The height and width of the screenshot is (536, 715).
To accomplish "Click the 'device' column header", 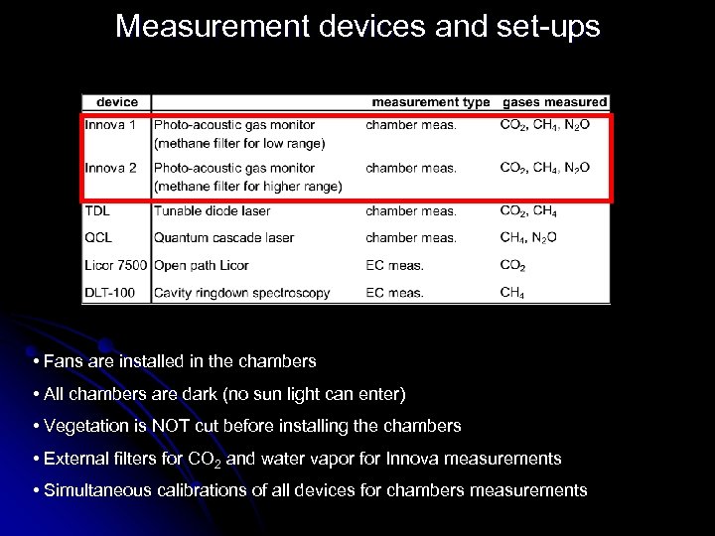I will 117,102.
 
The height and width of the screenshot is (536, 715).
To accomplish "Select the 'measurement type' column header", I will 430,102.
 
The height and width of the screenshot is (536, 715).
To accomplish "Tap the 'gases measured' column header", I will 554,102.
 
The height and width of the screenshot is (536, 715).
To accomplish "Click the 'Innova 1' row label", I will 110,125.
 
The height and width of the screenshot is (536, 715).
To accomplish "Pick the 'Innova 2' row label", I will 110,168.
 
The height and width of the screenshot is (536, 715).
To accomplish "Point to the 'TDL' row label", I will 97,210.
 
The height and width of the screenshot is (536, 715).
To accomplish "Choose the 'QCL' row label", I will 98,237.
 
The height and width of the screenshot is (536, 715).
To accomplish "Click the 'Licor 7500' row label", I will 115,265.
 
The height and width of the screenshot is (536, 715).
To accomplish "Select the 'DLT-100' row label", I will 111,293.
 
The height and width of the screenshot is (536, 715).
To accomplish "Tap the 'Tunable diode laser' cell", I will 212,210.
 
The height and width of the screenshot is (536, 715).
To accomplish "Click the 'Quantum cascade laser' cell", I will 223,237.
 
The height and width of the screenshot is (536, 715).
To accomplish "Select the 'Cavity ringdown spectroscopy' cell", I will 241,293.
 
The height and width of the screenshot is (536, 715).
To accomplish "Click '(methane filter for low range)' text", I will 239,143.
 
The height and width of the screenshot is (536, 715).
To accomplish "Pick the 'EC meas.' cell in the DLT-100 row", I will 394,293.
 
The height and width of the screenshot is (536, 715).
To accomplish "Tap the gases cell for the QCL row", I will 528,238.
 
